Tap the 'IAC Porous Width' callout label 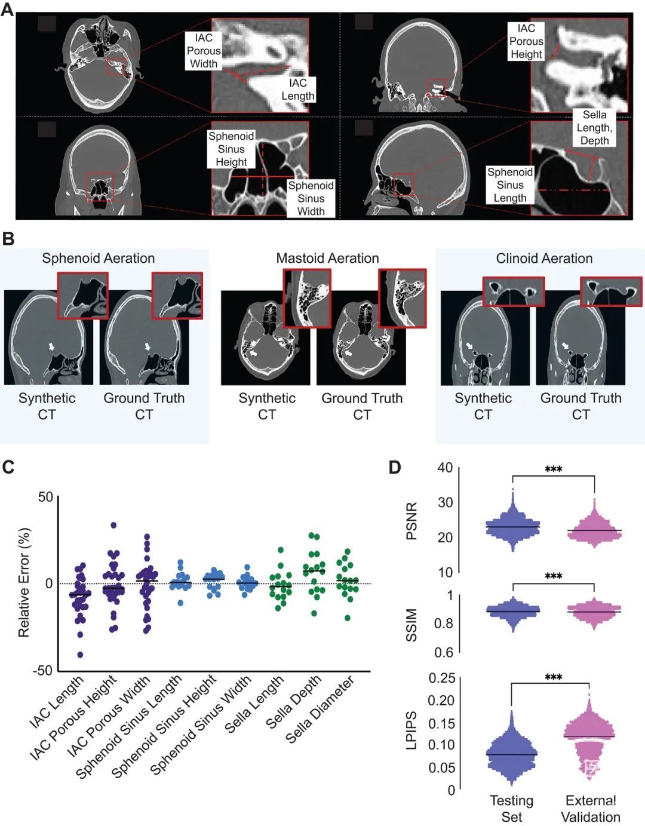(x=203, y=51)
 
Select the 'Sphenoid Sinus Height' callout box (x=231, y=149)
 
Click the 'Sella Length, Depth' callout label (x=594, y=127)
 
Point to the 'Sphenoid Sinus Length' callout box (x=509, y=185)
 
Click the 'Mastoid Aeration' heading (x=327, y=258)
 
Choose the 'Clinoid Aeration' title (x=544, y=259)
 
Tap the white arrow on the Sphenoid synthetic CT (x=51, y=346)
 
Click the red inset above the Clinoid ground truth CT (x=611, y=291)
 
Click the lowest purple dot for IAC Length (x=80, y=655)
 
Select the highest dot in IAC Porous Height (x=113, y=526)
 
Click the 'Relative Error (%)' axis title (x=23, y=583)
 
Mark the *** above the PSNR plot (x=554, y=469)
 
